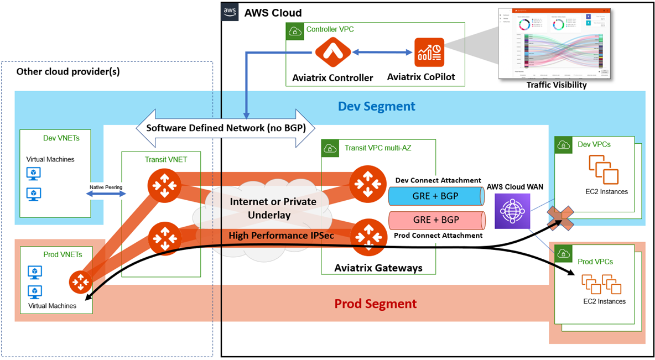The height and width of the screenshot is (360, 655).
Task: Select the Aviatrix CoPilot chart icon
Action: pos(429,53)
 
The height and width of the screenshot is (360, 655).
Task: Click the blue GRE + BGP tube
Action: pos(435,196)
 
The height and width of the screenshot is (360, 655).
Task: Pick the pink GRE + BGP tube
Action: pos(435,220)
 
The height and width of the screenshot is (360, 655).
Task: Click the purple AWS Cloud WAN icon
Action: pos(512,211)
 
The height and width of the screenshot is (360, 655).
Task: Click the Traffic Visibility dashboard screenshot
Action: pos(555,43)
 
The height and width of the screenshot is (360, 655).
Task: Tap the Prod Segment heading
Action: pos(376,304)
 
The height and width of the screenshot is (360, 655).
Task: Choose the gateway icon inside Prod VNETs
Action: pos(80,283)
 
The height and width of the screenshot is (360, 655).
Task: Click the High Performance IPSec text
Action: pos(281,236)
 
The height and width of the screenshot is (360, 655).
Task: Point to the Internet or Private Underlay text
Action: pos(273,208)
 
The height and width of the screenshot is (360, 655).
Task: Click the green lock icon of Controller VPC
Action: pos(295,31)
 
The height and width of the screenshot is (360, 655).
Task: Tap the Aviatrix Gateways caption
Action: pos(378,268)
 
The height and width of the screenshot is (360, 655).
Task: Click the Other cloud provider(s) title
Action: pos(68,71)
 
